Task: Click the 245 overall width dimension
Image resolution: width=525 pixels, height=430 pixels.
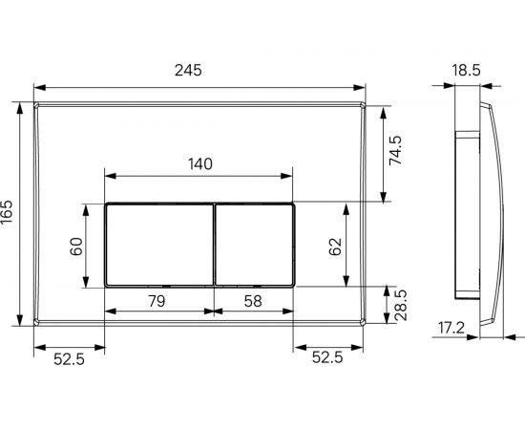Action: click(199, 72)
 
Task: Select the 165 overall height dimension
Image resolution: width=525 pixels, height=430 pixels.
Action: click(9, 212)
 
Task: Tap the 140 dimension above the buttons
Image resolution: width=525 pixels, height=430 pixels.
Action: click(199, 162)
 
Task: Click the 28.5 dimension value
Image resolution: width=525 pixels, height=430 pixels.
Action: click(399, 306)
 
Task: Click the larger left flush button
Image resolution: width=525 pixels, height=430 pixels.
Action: click(157, 245)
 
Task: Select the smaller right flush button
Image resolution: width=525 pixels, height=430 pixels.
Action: click(254, 245)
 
